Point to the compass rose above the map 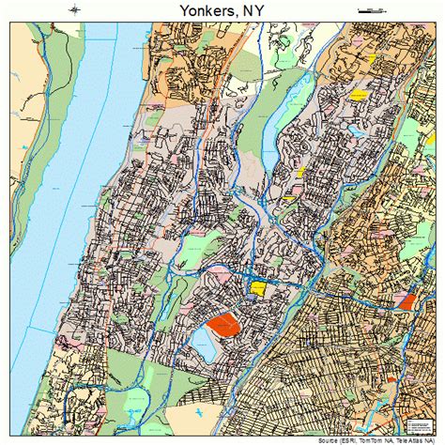[73, 10]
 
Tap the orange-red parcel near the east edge [406, 301]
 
